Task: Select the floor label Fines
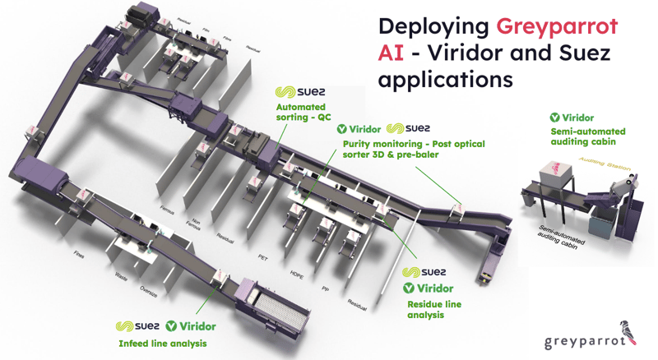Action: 80,254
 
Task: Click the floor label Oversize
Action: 149,289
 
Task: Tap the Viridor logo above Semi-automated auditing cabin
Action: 572,118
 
